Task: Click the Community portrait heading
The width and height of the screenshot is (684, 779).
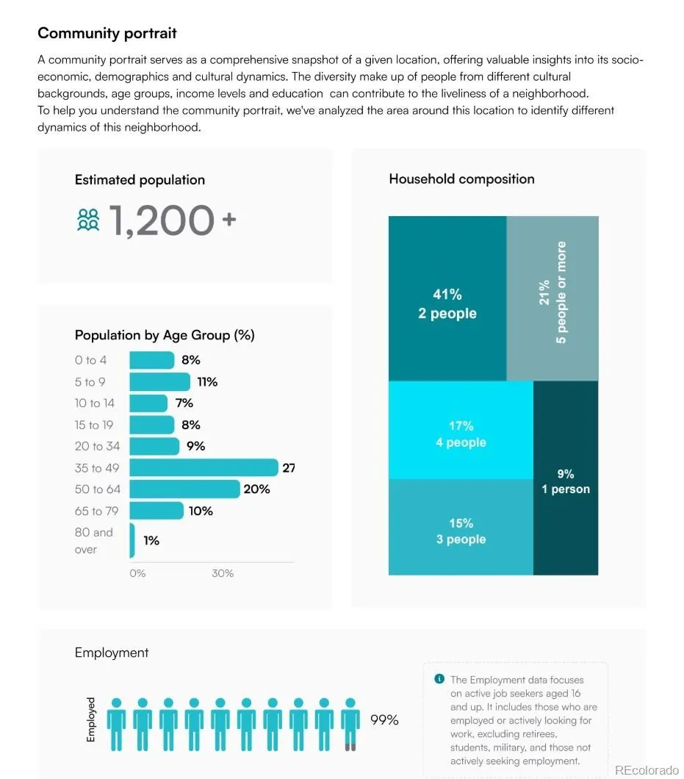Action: (107, 33)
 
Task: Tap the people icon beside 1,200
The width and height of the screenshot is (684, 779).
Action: (88, 220)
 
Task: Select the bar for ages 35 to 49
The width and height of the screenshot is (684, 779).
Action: (204, 467)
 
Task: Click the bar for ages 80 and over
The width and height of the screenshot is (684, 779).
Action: (132, 541)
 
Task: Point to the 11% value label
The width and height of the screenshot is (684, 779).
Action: (207, 382)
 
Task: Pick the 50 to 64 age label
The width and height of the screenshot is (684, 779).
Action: (98, 489)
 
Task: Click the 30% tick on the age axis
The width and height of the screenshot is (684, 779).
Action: (223, 573)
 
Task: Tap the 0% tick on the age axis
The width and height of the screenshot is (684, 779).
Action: (137, 573)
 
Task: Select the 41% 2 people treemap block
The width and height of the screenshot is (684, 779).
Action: (447, 298)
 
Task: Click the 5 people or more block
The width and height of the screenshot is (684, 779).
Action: (552, 298)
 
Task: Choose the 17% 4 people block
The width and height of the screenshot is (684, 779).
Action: (461, 430)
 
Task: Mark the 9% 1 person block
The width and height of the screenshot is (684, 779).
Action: (566, 478)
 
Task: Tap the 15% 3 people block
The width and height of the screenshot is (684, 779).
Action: (461, 527)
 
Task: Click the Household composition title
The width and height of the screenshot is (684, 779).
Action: (462, 179)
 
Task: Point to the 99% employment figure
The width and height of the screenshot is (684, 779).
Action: (384, 720)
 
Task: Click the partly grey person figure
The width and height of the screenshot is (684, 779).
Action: (350, 725)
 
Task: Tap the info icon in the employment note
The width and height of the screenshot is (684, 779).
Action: (439, 678)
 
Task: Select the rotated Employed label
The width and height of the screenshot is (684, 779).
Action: (91, 719)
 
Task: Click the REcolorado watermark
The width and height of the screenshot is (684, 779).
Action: (647, 770)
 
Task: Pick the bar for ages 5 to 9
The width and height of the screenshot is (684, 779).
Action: (160, 382)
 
